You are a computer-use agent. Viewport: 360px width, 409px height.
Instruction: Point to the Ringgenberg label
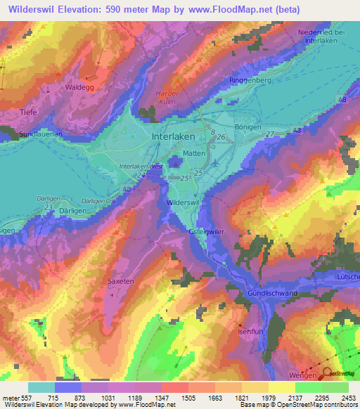click(x=250, y=81)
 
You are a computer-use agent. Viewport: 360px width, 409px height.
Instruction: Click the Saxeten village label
click(x=120, y=281)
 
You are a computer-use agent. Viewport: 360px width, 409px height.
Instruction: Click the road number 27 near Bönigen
click(x=270, y=134)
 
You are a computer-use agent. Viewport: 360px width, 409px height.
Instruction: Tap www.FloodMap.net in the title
click(x=225, y=10)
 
